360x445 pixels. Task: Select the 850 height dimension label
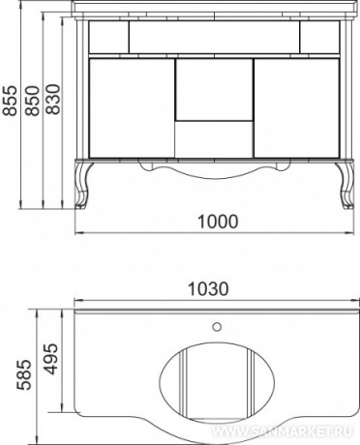[x=34, y=101]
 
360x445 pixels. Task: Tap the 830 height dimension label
[x=53, y=100]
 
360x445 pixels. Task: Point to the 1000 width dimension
[x=218, y=222]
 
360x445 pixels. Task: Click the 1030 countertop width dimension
[x=208, y=289]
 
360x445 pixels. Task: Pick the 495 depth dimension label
[x=51, y=359]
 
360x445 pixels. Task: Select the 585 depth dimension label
[x=24, y=374]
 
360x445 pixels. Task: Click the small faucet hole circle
[x=217, y=327]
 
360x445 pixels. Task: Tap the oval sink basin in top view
[x=217, y=383]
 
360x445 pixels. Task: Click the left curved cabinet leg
[x=83, y=185]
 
